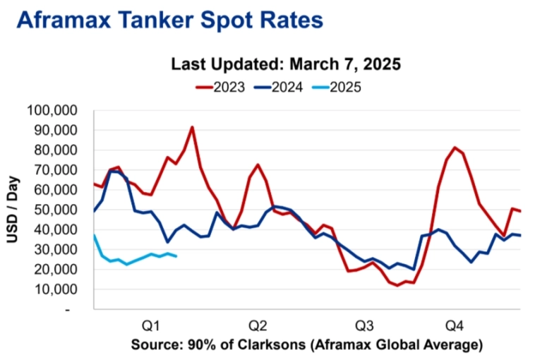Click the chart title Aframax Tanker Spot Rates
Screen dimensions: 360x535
[169, 20]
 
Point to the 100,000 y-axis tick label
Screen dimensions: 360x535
[56, 111]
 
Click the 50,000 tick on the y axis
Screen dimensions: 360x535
[59, 210]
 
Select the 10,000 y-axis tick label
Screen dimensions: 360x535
[59, 289]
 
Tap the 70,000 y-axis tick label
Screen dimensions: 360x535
[59, 170]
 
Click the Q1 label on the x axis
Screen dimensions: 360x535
[150, 326]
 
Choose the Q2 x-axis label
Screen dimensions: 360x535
[257, 326]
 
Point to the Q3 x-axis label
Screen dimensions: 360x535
[364, 326]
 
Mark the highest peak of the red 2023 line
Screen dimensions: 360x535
[192, 127]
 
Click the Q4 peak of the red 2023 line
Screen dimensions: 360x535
[455, 148]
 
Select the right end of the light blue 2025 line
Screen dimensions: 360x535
[176, 256]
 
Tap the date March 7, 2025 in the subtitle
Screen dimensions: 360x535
[346, 65]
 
